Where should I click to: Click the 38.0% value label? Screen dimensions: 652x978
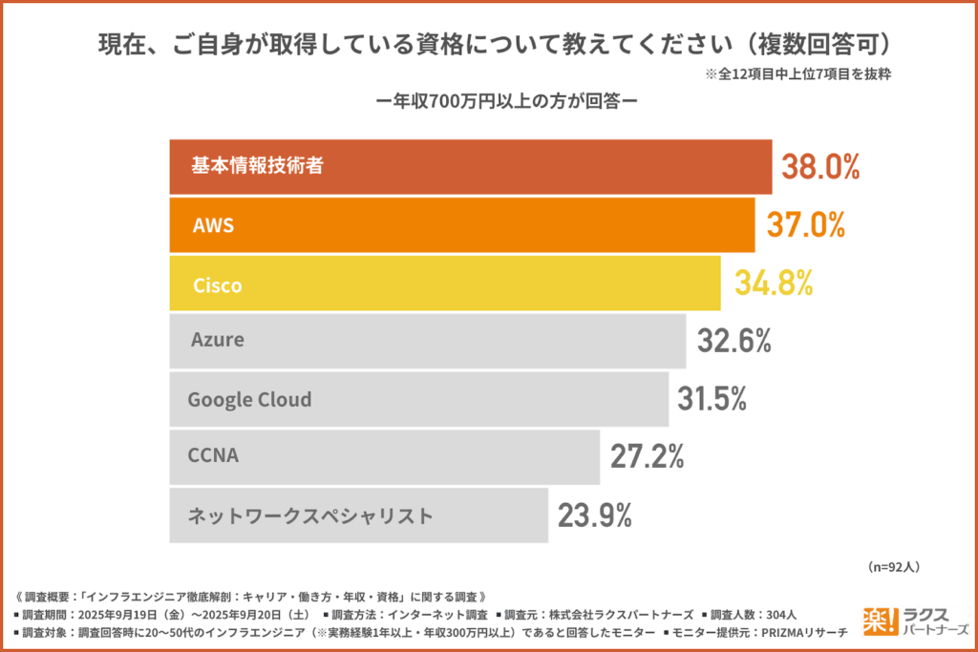[x=821, y=167]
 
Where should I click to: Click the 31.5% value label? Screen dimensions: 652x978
[x=712, y=398]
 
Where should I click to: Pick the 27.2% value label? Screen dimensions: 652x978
[x=648, y=456]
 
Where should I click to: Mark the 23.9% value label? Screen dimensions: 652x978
[x=595, y=515]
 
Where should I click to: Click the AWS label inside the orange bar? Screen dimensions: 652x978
[x=213, y=225]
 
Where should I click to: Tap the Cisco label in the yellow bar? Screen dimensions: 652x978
[x=218, y=284]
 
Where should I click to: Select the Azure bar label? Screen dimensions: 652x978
[x=218, y=340]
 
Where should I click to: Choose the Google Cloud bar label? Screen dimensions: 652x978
[x=250, y=399]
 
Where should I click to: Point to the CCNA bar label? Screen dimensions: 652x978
[x=214, y=456]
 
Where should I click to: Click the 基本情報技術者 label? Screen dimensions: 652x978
[x=257, y=166]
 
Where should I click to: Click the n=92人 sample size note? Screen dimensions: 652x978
[x=893, y=567]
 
